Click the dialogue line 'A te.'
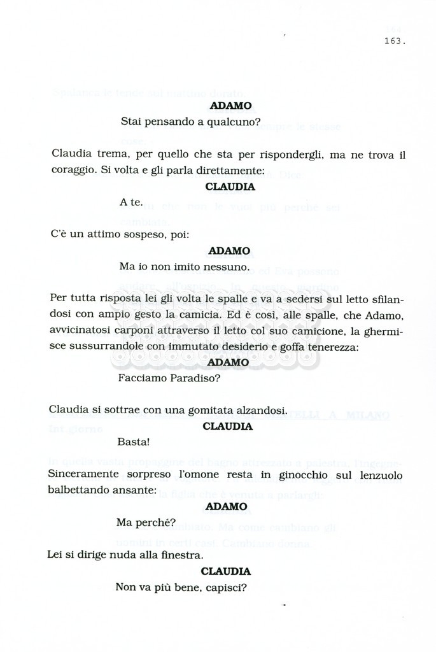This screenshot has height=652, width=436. pyautogui.click(x=131, y=202)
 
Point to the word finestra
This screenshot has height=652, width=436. pyautogui.click(x=181, y=555)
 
